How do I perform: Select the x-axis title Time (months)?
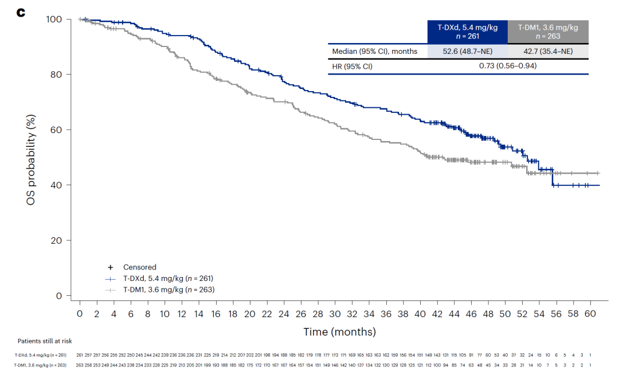[340, 331]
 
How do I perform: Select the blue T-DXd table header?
[467, 32]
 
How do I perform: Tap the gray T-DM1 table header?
[548, 32]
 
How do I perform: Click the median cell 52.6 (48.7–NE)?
[467, 52]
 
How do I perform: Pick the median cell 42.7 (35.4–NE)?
[548, 52]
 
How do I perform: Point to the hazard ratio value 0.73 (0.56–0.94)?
[508, 66]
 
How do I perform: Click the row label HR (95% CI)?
[352, 66]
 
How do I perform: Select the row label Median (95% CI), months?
[375, 52]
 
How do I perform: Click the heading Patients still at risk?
[45, 341]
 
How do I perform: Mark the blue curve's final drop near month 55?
[553, 177]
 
